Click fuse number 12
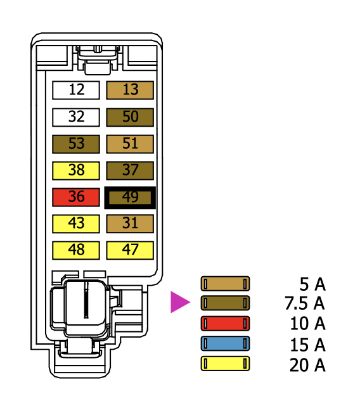pos(76,90)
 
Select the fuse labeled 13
pos(130,90)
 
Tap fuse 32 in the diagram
pos(76,117)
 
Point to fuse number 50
pos(130,117)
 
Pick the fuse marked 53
pos(76,144)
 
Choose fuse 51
pos(130,144)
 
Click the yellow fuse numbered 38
pos(76,170)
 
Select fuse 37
pos(130,170)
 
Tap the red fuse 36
pos(76,197)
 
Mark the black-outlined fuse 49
pos(130,198)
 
